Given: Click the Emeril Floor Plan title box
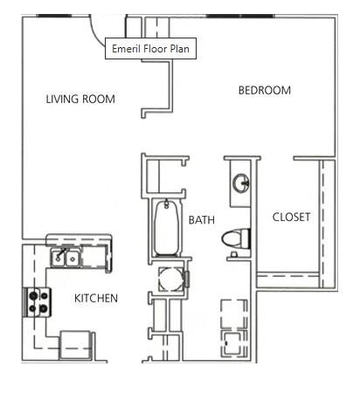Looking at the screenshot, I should (x=149, y=49).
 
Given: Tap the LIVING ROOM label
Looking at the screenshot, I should (x=80, y=100).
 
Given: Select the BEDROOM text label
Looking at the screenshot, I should (x=265, y=91).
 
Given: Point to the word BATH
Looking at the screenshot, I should (x=202, y=221).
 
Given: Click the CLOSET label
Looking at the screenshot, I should (x=291, y=218).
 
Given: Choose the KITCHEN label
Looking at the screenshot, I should (x=95, y=299).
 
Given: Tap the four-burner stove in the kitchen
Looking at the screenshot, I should (x=38, y=301).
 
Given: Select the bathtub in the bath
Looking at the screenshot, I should (x=163, y=229).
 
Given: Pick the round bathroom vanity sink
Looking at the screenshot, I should (x=241, y=183).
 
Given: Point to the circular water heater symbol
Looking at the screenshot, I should (x=166, y=279).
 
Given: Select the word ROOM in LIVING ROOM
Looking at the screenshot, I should (x=99, y=100).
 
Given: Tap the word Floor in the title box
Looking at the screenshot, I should (x=154, y=49).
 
